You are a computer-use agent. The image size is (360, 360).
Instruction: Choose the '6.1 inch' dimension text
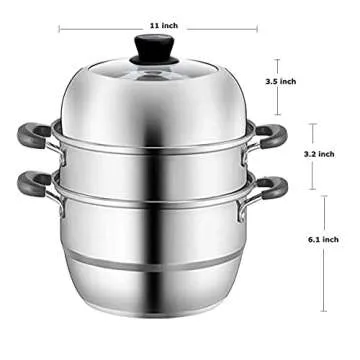point(337,239)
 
